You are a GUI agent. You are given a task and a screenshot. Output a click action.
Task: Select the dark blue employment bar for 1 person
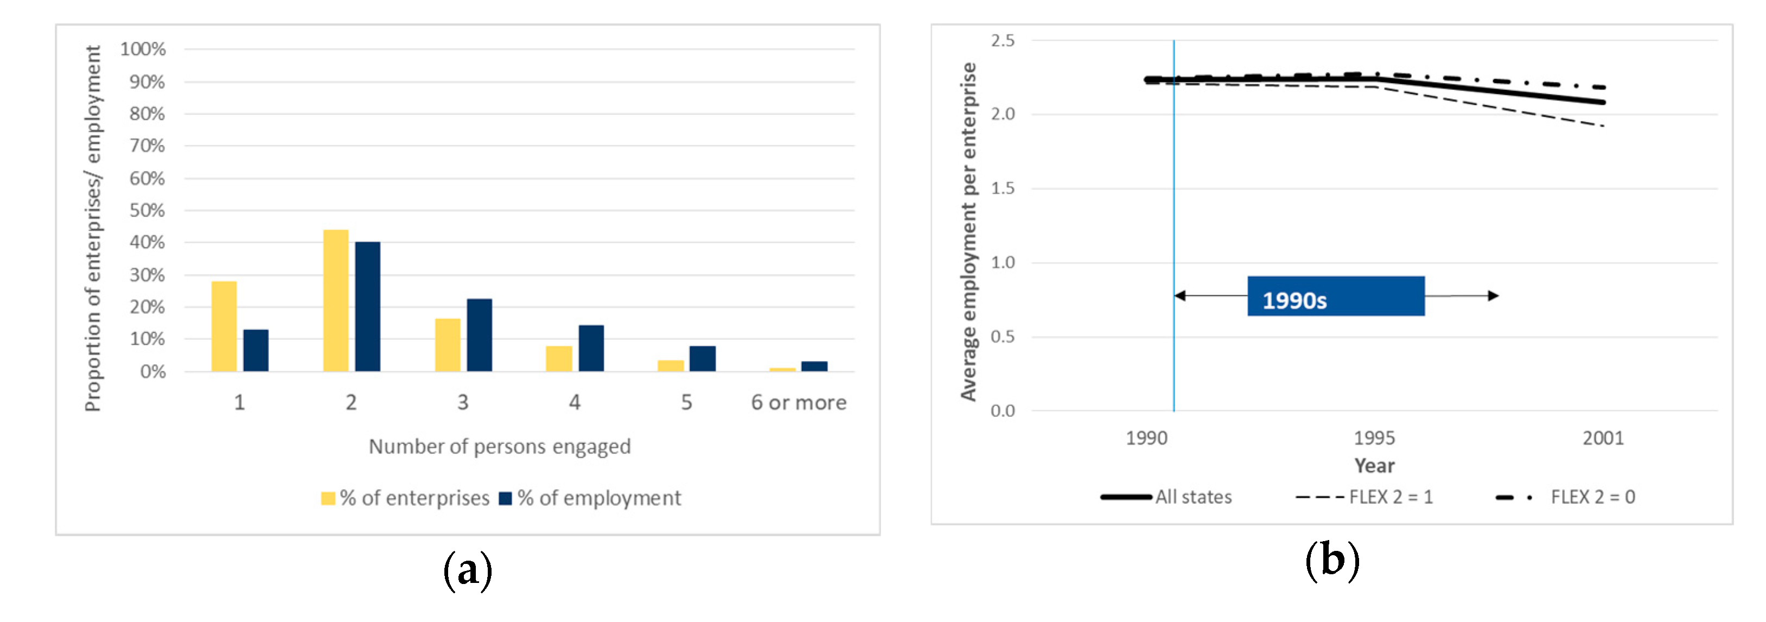pos(256,351)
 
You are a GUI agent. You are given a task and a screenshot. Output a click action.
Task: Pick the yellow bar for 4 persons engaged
pos(559,359)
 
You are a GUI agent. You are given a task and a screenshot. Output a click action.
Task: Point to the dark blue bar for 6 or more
pos(814,366)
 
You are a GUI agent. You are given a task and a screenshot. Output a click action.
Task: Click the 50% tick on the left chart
pos(148,211)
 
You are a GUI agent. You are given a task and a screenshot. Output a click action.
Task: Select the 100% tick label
pos(143,49)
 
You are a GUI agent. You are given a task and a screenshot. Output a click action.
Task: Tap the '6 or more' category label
pos(798,403)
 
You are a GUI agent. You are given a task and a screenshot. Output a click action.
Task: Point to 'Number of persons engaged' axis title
pos(499,447)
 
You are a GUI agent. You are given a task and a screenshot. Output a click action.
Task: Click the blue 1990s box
pos(1335,296)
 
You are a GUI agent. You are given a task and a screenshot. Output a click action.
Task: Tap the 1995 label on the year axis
pos(1374,437)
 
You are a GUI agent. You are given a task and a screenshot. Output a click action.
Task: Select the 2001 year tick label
pos(1603,437)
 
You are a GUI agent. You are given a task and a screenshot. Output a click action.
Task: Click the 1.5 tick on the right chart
pos(1002,188)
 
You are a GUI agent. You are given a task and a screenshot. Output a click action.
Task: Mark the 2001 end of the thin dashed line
pos(1603,126)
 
